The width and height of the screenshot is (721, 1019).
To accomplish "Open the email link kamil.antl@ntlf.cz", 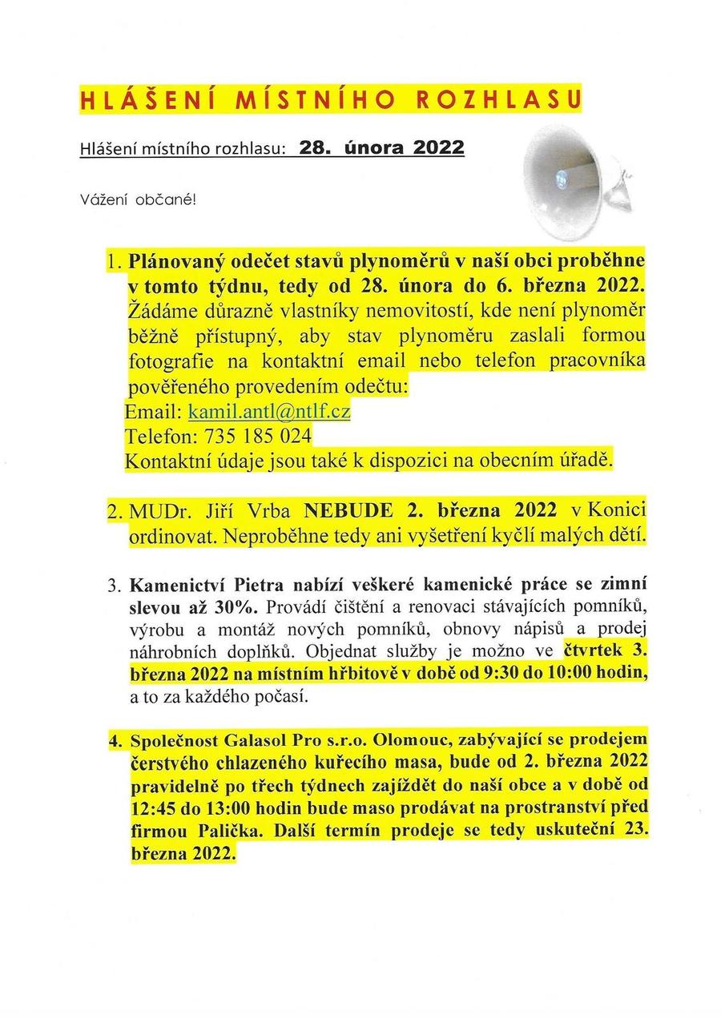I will click(x=269, y=412).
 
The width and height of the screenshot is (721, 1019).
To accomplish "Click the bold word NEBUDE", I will click(x=348, y=512).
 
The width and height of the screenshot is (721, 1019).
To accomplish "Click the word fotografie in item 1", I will click(x=167, y=362).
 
